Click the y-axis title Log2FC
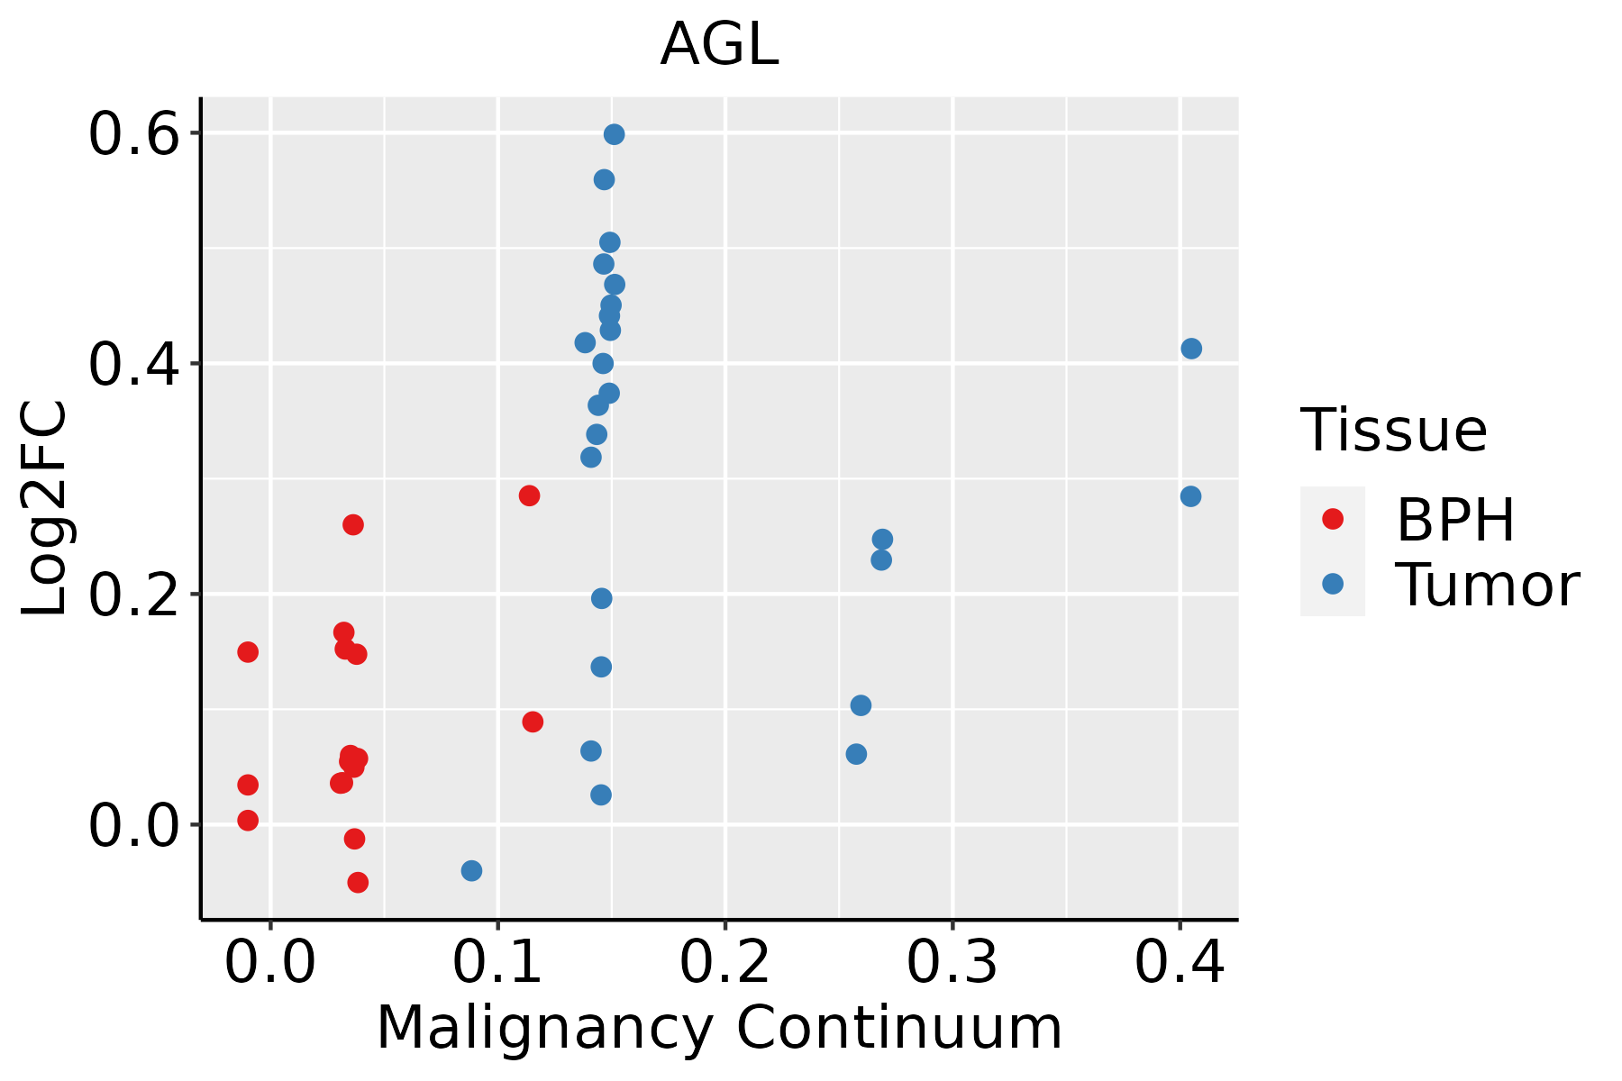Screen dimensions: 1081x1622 (45, 508)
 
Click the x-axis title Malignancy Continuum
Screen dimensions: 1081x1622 (719, 1028)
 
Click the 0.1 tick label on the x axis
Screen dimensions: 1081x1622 (497, 963)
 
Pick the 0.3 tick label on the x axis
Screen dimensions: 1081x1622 (952, 963)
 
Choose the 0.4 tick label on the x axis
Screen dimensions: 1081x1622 (1179, 963)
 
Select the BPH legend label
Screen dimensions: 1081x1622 (1455, 520)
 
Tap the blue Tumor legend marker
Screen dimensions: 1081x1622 (1332, 584)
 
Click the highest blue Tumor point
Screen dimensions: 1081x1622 (614, 134)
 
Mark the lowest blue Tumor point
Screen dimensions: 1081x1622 (471, 870)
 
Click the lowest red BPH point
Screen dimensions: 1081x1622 (358, 882)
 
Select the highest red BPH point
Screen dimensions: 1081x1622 (529, 495)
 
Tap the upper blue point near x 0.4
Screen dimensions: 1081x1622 (1191, 349)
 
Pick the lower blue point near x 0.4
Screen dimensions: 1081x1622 (1190, 496)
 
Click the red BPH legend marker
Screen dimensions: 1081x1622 (1332, 519)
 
